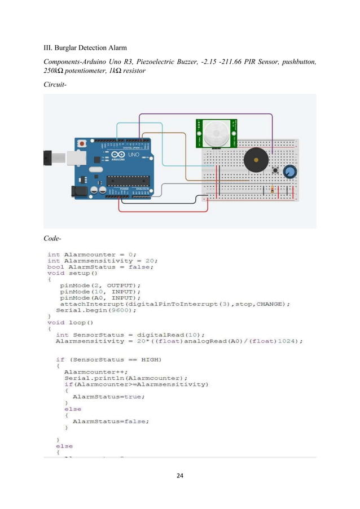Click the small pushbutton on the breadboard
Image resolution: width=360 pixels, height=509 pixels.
tap(275, 170)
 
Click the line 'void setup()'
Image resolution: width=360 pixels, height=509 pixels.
tap(73, 273)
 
